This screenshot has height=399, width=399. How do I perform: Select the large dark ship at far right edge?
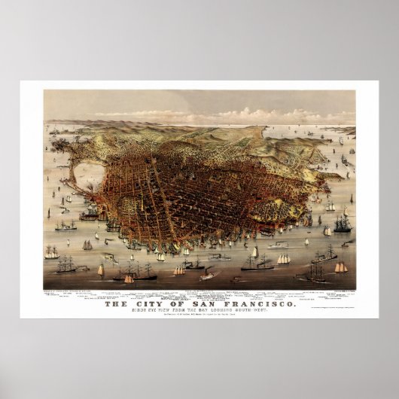(x=343, y=224)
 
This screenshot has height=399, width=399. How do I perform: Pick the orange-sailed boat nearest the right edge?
(x=341, y=267)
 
